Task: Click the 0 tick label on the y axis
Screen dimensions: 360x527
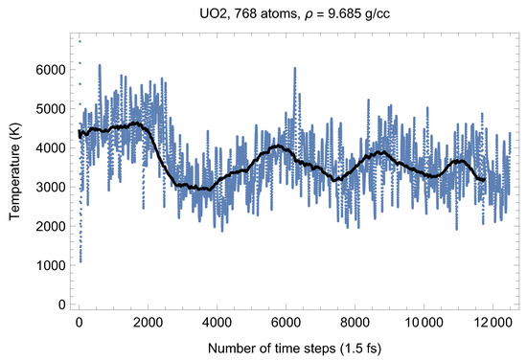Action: [61, 304]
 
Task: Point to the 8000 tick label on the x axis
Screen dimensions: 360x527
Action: [355, 322]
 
